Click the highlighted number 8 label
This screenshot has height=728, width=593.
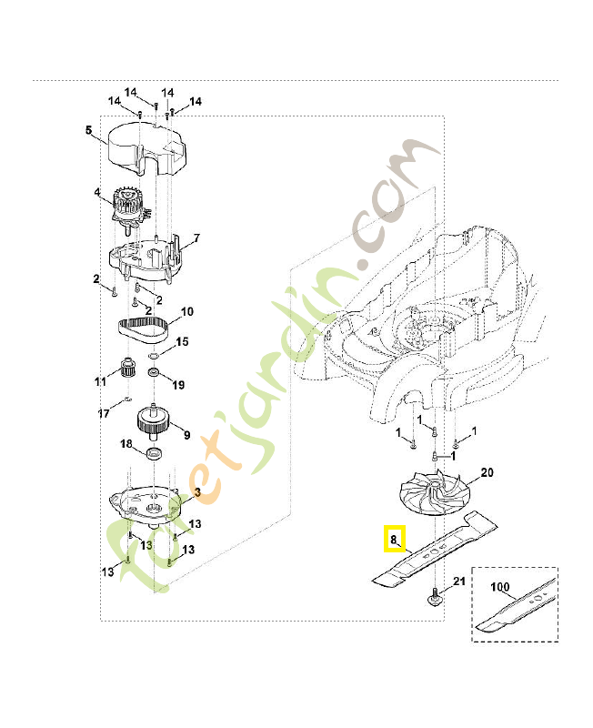tap(394, 540)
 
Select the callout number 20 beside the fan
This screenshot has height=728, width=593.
tap(487, 472)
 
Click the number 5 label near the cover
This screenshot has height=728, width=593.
tap(88, 130)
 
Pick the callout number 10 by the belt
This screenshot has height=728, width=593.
tap(186, 312)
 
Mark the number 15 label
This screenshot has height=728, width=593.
tap(182, 342)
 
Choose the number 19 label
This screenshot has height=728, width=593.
tap(178, 385)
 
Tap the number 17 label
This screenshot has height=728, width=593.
tap(104, 413)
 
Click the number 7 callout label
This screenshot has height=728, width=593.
tap(196, 238)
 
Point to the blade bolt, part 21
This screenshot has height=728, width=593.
tap(436, 598)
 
